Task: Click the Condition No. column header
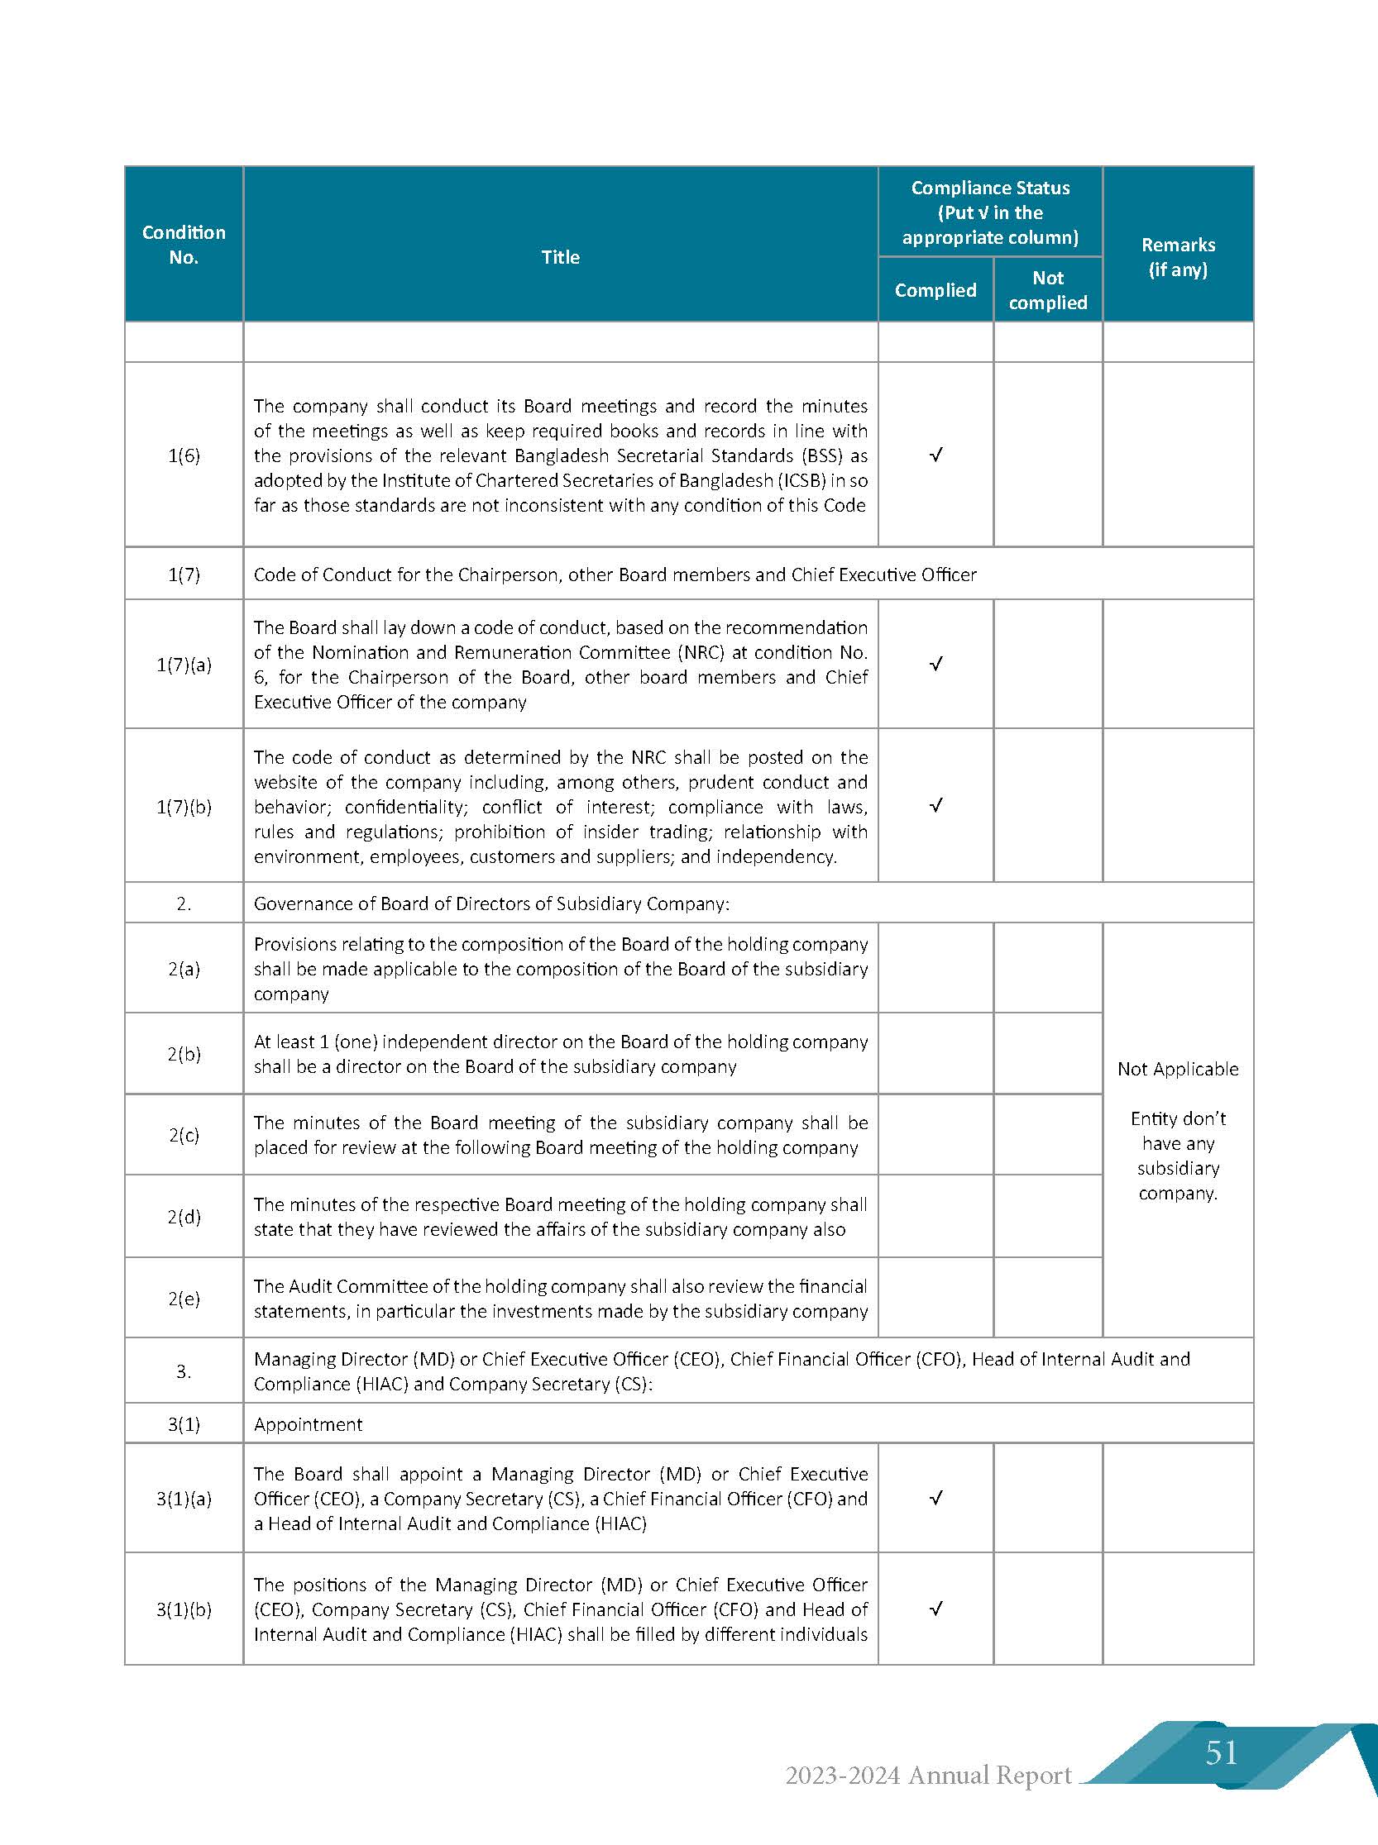184,245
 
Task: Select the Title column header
560,257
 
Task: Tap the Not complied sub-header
1048,290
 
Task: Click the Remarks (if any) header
1178,257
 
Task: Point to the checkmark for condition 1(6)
936,455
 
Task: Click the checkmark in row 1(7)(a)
936,665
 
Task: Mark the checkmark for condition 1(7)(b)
936,806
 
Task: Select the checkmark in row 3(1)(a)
936,1498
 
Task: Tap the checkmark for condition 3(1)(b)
936,1609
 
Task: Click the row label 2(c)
184,1135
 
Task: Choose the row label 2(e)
184,1298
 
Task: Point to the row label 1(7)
184,574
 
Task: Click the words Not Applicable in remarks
1178,1069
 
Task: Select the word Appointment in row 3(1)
308,1424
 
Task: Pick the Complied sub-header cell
935,290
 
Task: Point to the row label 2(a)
184,969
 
